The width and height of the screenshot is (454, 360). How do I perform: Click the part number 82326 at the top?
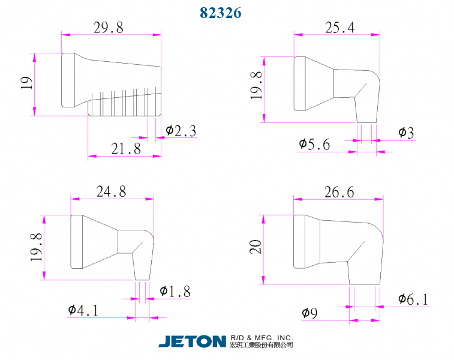[220, 13]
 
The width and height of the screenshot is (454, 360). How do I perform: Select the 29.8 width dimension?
[109, 28]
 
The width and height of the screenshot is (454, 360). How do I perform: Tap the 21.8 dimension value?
[126, 149]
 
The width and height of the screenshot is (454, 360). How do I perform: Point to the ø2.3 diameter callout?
[181, 131]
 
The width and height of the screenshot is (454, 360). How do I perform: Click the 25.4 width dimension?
[339, 28]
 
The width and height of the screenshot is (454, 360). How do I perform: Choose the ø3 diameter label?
[406, 133]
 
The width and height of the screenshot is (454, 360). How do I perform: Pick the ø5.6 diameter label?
[314, 144]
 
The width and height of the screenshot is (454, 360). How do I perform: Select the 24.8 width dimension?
[111, 192]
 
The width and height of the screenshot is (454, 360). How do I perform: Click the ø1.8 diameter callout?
[175, 292]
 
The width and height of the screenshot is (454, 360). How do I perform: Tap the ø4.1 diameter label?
[83, 310]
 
